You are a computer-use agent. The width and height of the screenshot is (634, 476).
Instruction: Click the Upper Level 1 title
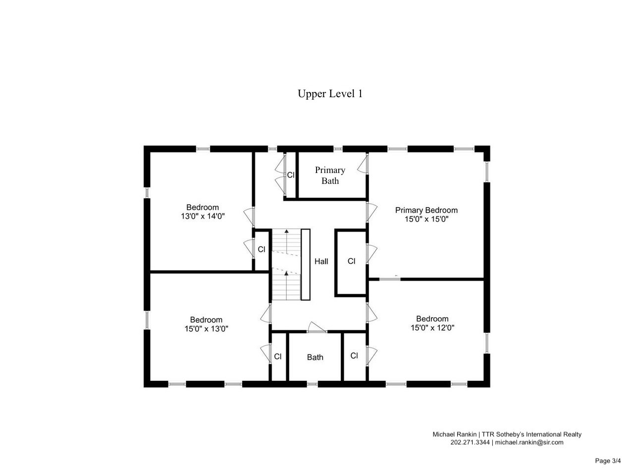(330, 94)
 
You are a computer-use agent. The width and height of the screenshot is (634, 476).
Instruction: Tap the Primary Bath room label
(330, 175)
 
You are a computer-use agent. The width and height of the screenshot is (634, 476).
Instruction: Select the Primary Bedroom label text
(426, 210)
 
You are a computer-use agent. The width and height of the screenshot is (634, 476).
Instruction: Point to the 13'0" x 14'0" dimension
(203, 216)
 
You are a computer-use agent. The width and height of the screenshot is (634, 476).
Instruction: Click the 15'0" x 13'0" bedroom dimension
(206, 329)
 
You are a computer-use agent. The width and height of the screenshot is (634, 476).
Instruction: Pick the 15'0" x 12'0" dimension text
(432, 328)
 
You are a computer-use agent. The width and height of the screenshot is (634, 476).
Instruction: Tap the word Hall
(321, 262)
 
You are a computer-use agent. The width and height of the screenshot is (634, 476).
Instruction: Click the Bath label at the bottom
(315, 357)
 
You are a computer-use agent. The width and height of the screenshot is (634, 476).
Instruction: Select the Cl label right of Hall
(351, 261)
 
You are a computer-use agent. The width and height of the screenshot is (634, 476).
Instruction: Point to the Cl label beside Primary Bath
(291, 175)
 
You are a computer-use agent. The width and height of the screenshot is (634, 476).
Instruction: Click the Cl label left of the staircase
(262, 249)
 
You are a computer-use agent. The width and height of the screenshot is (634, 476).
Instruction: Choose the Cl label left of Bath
(277, 357)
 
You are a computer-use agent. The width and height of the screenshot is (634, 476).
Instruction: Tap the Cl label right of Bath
(354, 356)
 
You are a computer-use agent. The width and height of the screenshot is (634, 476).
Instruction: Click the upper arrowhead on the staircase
(286, 231)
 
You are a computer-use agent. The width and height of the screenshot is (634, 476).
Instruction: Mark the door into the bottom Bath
(317, 327)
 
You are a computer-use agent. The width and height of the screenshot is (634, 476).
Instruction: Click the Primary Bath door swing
(363, 164)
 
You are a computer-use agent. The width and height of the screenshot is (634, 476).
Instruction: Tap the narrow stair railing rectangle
(306, 265)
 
